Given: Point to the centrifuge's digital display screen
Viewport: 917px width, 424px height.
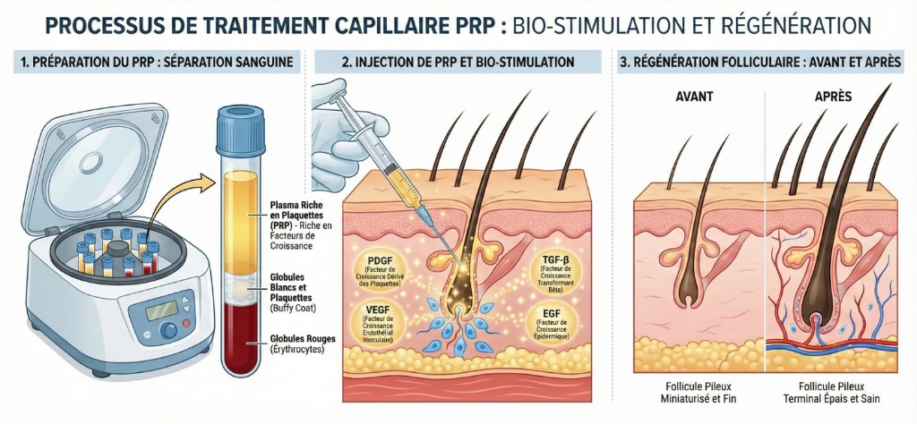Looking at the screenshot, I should coord(150,310).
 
